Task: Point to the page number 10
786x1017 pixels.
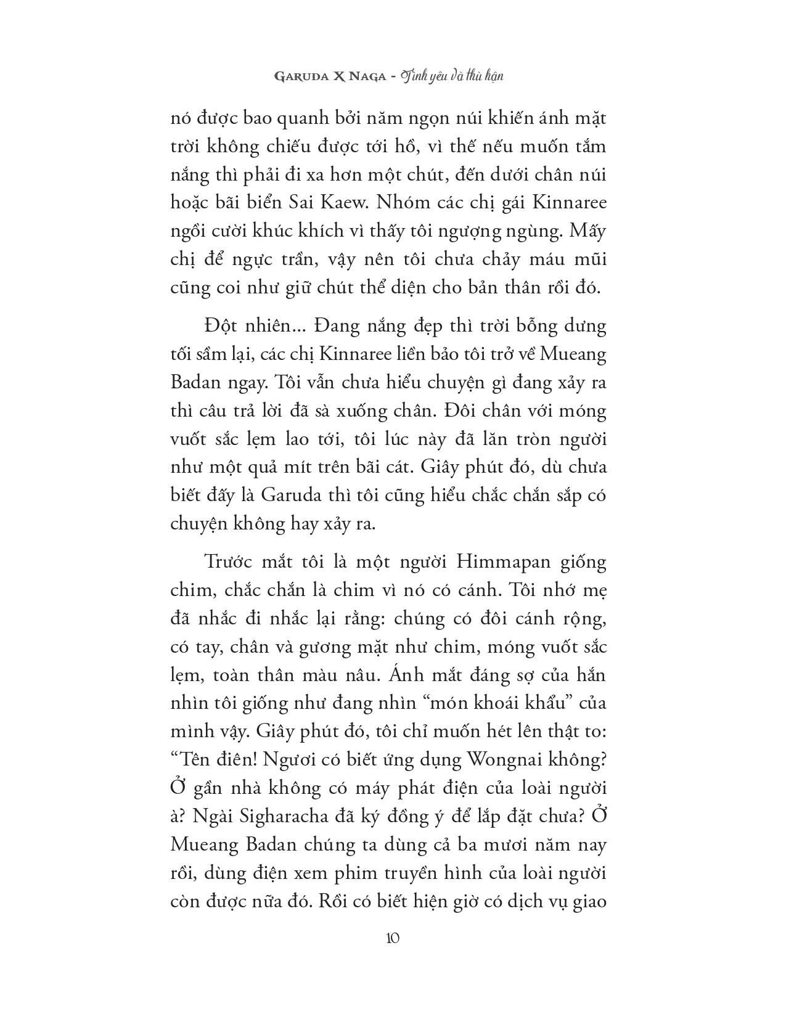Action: click(x=393, y=938)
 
